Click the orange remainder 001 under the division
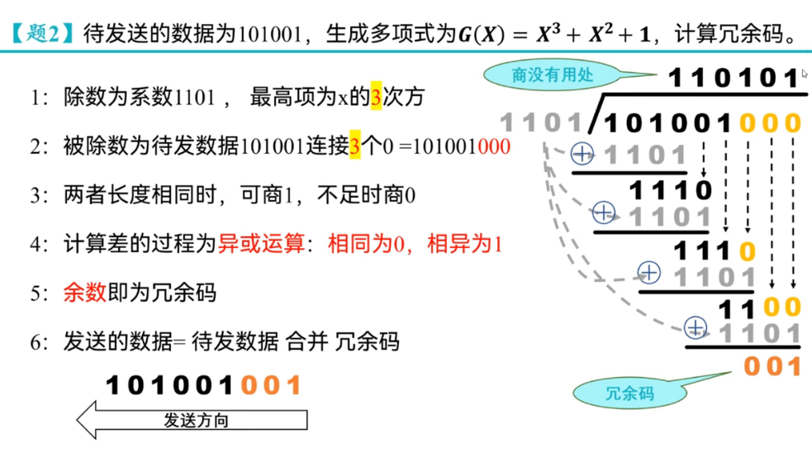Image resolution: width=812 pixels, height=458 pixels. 773,365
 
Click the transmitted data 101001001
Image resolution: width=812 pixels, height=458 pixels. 204,385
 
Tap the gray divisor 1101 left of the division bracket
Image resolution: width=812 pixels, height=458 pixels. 542,123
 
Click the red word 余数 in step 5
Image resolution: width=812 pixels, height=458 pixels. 84,293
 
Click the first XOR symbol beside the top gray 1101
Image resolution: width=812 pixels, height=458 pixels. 583,153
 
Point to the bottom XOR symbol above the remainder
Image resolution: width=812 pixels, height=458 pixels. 697,328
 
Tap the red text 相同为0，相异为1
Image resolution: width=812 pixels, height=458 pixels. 415,245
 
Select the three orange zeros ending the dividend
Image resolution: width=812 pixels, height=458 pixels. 770,124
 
